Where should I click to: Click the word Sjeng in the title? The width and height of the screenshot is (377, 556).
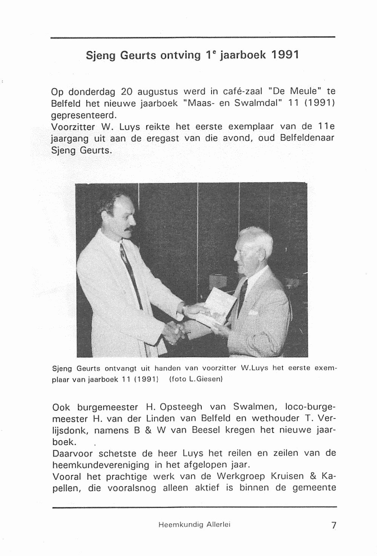click(101, 56)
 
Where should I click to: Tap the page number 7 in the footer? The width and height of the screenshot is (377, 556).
click(333, 525)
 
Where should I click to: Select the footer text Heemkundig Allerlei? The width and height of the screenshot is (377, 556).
click(194, 524)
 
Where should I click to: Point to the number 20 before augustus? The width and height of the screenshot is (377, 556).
click(126, 92)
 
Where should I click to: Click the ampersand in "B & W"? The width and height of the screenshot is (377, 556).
click(148, 430)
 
